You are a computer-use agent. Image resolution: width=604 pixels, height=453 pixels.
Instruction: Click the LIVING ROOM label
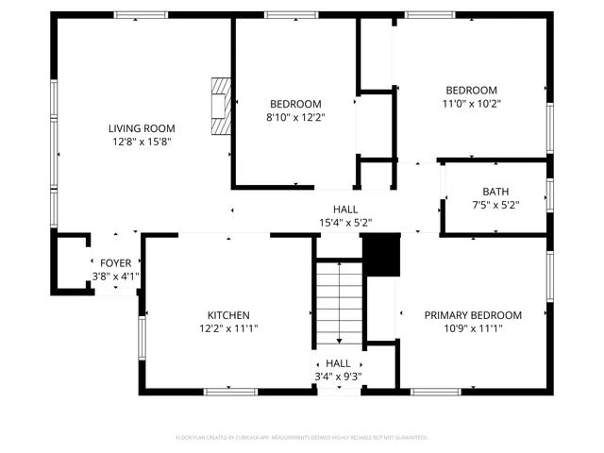(x=142, y=128)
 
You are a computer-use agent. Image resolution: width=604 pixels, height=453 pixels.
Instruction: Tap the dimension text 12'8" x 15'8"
(x=142, y=142)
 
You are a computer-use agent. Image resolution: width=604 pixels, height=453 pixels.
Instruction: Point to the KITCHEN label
(x=228, y=315)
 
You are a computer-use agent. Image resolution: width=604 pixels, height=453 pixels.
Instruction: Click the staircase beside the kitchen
(x=339, y=302)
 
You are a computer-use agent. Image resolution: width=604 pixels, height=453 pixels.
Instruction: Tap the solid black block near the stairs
(x=382, y=255)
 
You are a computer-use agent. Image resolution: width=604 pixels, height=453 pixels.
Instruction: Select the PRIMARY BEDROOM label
(x=473, y=315)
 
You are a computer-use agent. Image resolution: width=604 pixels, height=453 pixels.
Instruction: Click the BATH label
(x=495, y=191)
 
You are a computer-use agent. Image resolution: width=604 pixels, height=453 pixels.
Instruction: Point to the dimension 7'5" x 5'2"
(x=495, y=204)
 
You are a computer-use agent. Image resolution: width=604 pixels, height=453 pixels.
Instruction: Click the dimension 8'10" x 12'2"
(x=295, y=117)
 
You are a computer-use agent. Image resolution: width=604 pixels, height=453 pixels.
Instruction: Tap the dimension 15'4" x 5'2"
(x=344, y=223)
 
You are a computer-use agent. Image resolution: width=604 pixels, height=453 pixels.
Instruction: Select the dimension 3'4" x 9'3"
(x=338, y=376)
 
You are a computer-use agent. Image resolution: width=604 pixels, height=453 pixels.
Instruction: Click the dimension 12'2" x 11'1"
(x=228, y=328)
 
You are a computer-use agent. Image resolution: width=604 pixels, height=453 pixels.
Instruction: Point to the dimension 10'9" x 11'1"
(x=473, y=328)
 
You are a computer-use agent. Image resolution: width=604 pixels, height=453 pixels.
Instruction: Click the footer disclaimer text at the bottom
(x=302, y=437)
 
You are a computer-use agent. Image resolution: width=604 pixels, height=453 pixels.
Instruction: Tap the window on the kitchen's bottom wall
(x=231, y=391)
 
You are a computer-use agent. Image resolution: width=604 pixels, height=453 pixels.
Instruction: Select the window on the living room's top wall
(x=141, y=15)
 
